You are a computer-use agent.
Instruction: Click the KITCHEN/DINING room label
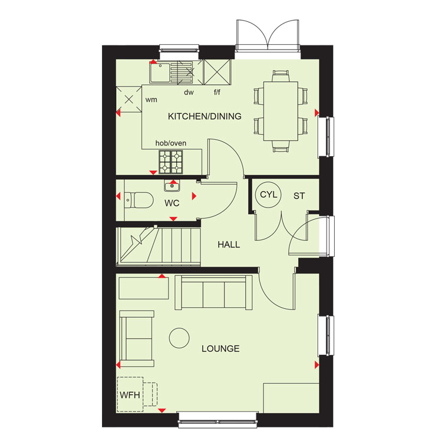(205, 116)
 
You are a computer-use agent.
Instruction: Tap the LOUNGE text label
(220, 348)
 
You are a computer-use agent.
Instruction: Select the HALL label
(229, 245)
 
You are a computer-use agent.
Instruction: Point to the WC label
(172, 203)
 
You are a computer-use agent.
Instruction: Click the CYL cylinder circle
(268, 195)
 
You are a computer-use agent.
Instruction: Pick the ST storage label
(299, 196)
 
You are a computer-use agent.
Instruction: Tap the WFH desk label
(130, 395)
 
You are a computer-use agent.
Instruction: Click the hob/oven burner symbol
(170, 162)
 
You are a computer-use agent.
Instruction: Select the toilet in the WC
(139, 200)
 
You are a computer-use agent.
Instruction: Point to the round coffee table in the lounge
(179, 338)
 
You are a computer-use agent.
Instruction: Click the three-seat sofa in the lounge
(213, 292)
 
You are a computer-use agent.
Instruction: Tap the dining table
(281, 111)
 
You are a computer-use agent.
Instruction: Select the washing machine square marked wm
(129, 100)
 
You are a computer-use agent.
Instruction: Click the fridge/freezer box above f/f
(217, 72)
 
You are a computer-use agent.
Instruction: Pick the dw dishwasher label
(189, 93)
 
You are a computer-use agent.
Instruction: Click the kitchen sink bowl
(159, 73)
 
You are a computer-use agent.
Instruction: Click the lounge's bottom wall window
(218, 420)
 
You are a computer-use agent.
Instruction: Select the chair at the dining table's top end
(281, 76)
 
